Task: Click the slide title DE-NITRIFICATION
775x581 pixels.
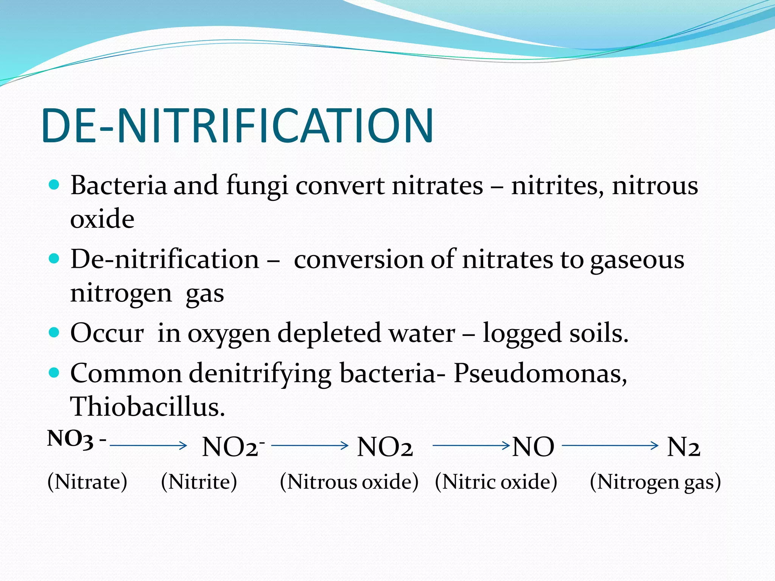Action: point(238,126)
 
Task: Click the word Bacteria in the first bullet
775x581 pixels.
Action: point(118,186)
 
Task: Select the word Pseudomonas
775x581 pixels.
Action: point(540,374)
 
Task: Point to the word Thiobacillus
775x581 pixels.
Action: point(148,407)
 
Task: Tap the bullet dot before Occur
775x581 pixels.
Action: point(54,332)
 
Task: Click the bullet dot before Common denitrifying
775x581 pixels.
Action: point(54,373)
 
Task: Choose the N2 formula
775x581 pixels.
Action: point(683,447)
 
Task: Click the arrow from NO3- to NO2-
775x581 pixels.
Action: point(148,446)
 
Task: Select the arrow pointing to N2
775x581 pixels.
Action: point(610,446)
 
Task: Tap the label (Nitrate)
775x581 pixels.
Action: point(87,482)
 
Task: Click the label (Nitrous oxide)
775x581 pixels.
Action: point(349,482)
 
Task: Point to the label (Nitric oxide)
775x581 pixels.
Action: point(496,482)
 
